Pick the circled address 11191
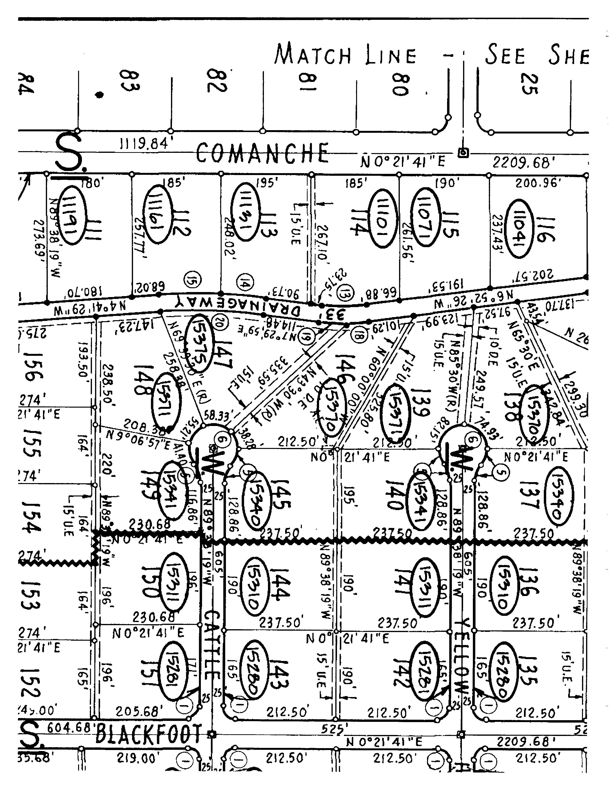pos(73,215)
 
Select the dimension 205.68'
pos(137,712)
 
